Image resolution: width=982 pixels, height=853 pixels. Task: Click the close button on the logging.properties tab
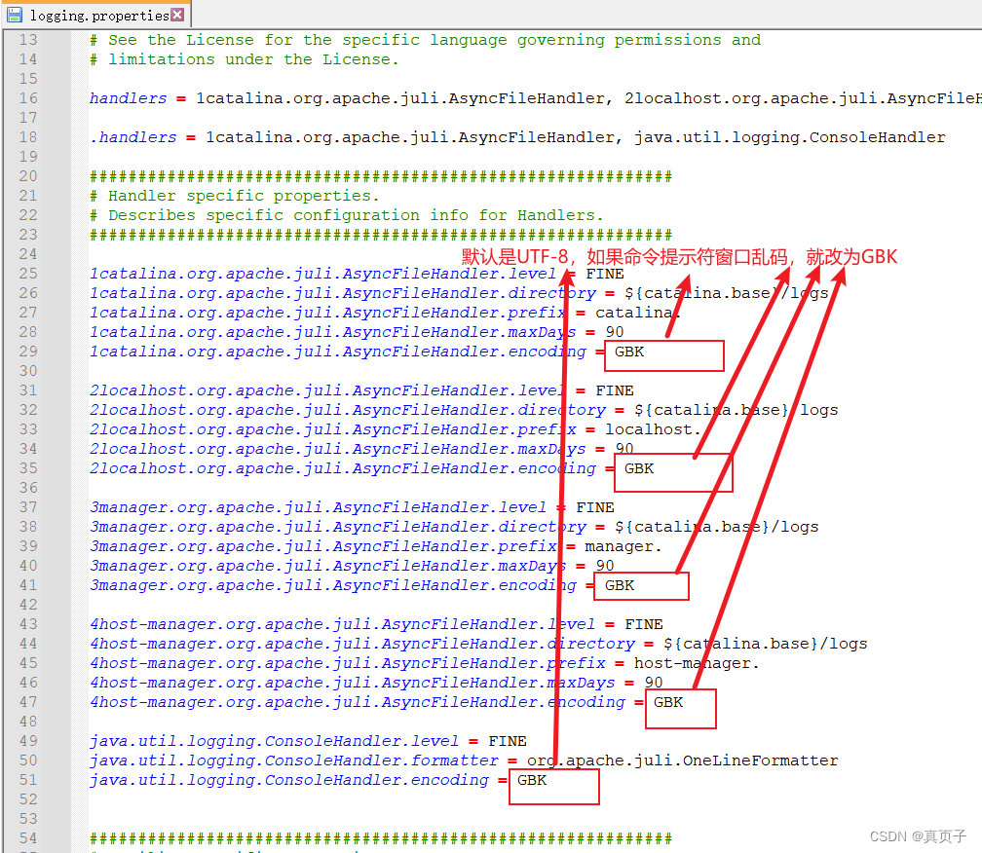point(177,15)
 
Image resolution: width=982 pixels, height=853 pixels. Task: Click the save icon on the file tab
point(15,15)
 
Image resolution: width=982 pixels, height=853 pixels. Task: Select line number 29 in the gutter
point(27,352)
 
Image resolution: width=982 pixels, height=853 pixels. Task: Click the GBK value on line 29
point(629,352)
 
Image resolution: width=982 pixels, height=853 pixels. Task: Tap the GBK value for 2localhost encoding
point(639,468)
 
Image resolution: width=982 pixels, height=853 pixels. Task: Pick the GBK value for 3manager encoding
point(620,585)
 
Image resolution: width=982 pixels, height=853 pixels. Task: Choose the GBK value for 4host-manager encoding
point(668,702)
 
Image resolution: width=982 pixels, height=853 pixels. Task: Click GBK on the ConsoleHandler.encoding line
point(532,780)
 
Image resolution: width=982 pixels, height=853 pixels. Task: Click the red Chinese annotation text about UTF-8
point(679,257)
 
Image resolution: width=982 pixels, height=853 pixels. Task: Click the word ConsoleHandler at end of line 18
point(882,137)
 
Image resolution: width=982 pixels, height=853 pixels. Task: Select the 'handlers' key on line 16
point(128,98)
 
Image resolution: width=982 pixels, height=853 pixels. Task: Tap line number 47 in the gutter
point(27,702)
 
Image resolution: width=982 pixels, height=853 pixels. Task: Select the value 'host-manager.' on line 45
point(697,663)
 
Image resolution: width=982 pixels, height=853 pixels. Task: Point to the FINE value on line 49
point(508,741)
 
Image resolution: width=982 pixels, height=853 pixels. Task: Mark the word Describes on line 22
point(152,215)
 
